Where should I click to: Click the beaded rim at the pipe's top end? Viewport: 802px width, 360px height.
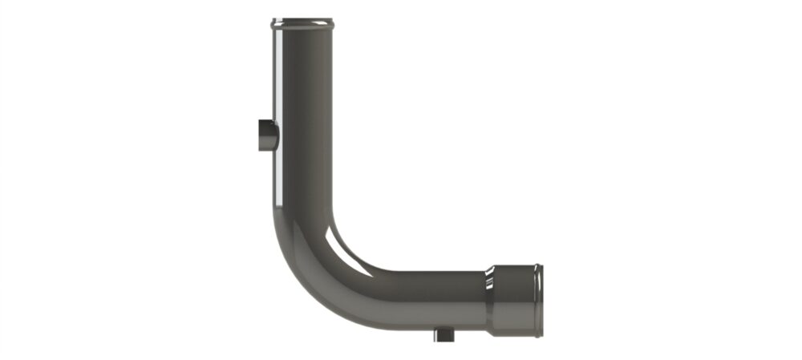[x=302, y=22]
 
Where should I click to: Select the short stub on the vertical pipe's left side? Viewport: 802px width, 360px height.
[x=265, y=135]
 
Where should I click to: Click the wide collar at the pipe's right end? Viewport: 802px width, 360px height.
[x=517, y=299]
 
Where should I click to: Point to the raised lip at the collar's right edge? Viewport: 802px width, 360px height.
[x=539, y=299]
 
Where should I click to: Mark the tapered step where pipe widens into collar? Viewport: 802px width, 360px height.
[x=488, y=299]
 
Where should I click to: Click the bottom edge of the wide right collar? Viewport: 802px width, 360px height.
[x=517, y=331]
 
